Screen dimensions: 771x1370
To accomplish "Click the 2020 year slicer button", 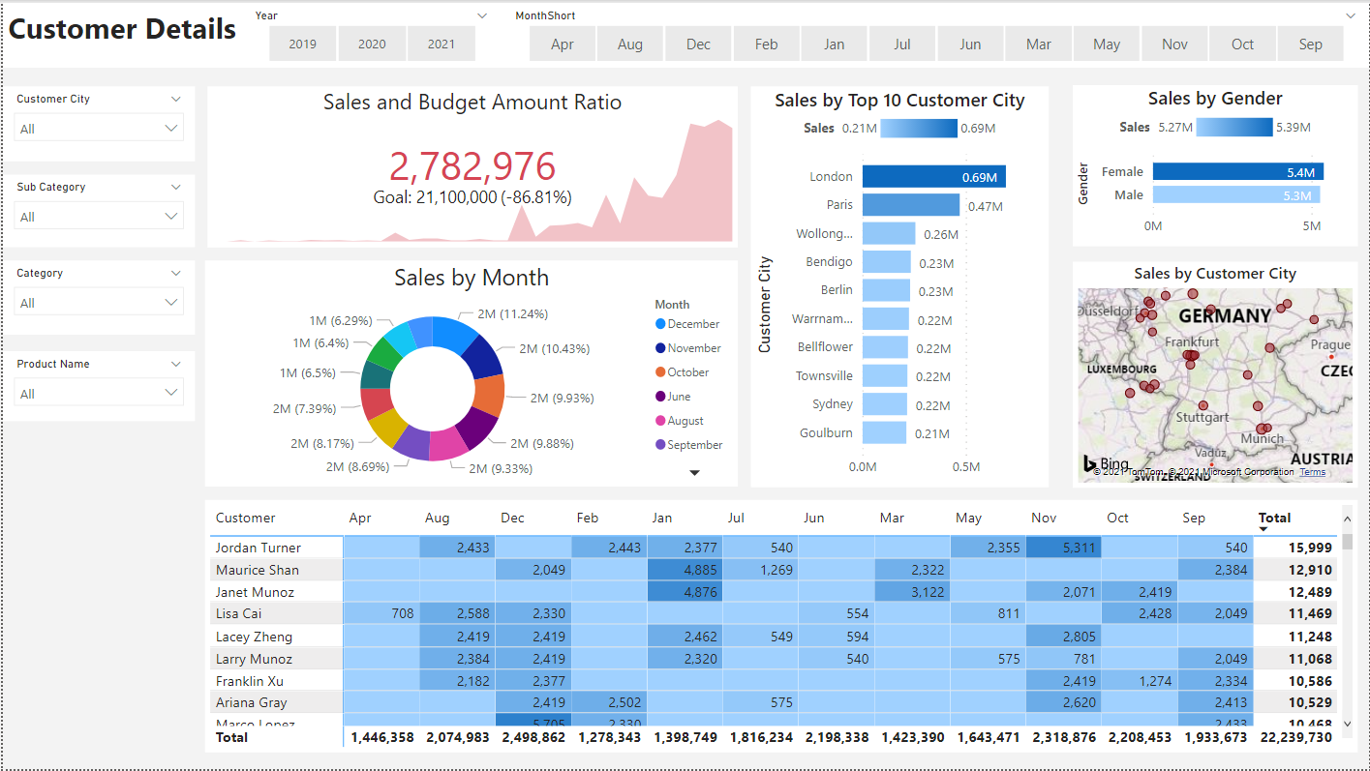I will tap(372, 44).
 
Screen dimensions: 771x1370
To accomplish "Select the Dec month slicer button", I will tap(698, 44).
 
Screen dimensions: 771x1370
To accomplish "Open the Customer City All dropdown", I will tap(99, 129).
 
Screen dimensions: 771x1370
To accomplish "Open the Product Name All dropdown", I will tap(99, 394).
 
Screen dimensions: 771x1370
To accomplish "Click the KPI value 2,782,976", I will tap(472, 167).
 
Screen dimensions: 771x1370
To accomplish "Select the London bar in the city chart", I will tap(933, 177).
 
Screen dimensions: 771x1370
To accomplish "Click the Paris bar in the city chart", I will tap(910, 205).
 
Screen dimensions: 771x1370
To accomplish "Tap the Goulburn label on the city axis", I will tap(826, 433).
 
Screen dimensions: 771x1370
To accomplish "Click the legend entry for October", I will tap(687, 372).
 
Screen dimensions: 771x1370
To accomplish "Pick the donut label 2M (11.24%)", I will tap(512, 314).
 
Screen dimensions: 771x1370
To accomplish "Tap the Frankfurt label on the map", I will tap(1192, 341).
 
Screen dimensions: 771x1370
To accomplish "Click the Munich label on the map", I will tap(1262, 439).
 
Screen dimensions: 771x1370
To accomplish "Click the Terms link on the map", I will tap(1313, 472).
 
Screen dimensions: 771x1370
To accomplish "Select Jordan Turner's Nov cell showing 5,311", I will tap(1064, 548).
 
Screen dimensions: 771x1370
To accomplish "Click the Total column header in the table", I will tap(1274, 519).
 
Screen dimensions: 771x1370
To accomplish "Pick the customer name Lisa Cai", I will tap(238, 613).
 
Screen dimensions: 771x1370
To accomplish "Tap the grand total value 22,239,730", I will tap(1294, 737).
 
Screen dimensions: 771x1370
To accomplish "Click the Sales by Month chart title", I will tap(472, 278).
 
